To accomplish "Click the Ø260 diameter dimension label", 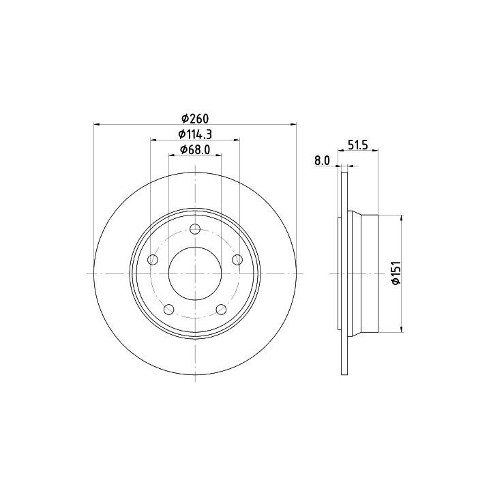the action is [x=195, y=119].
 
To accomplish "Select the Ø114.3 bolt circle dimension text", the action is [x=195, y=134].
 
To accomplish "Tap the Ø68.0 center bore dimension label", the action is [x=195, y=149].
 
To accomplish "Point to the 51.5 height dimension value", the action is [x=357, y=145].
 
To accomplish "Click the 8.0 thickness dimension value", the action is [x=322, y=161].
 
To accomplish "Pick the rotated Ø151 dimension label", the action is [x=396, y=272].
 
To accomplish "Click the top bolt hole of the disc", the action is [x=195, y=229].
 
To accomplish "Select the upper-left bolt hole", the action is [x=153, y=260].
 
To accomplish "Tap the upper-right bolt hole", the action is [x=237, y=260].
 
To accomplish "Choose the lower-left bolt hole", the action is [x=169, y=310].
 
